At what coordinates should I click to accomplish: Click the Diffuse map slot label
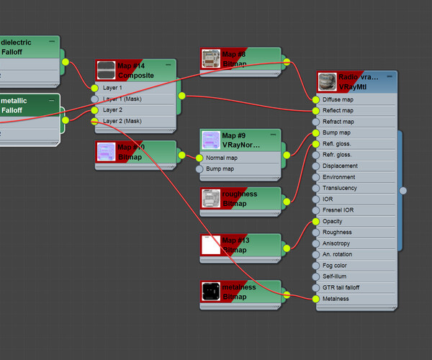[338, 99]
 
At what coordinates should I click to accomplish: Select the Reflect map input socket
[315, 111]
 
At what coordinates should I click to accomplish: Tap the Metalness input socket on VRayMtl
[315, 298]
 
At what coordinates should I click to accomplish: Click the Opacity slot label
[333, 221]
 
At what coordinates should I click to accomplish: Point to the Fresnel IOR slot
[338, 210]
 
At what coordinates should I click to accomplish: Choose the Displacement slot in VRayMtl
[340, 166]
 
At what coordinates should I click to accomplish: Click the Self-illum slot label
[335, 276]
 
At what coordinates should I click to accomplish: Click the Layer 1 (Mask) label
[122, 99]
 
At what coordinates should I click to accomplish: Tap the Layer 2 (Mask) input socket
[94, 121]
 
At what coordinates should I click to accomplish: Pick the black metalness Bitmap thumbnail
[211, 292]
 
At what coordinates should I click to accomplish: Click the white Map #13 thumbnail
[211, 245]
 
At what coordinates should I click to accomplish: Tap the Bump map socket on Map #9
[199, 168]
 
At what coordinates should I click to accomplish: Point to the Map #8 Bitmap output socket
[287, 62]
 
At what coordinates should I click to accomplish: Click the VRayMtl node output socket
[403, 190]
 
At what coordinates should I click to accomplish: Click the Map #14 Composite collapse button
[168, 65]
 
